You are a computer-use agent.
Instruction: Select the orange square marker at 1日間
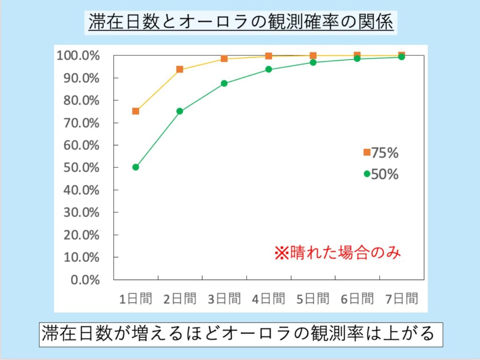[x=135, y=111]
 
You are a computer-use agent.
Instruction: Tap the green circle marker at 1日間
[x=135, y=167]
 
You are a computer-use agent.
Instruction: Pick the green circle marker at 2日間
[x=180, y=111]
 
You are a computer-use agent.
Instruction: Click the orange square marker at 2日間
[x=180, y=69]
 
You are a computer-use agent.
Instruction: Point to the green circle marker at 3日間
[x=224, y=83]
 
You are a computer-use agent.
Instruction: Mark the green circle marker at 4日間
[x=269, y=69]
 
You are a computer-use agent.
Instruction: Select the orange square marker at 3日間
[x=224, y=59]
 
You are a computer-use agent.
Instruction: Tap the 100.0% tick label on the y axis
[x=78, y=56]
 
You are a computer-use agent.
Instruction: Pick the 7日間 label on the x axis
[x=401, y=299]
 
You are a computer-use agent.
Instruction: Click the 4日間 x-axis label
[x=269, y=299]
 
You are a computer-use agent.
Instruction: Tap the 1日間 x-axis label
[x=135, y=299]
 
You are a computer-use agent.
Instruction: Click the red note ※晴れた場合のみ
[x=337, y=253]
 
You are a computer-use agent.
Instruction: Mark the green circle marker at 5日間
[x=313, y=62]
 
